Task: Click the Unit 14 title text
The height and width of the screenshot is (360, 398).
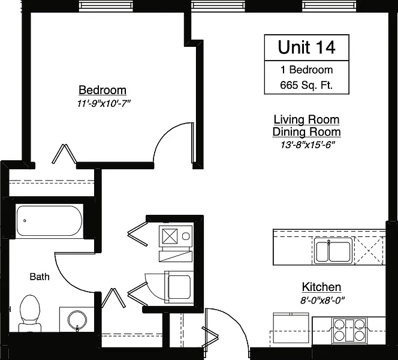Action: pyautogui.click(x=307, y=47)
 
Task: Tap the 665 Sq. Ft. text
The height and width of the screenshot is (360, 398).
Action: pyautogui.click(x=306, y=85)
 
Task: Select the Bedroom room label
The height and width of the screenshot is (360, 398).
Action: pyautogui.click(x=102, y=90)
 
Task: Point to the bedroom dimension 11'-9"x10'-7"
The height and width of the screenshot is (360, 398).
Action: pyautogui.click(x=104, y=103)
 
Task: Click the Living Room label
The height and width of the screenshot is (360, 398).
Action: pyautogui.click(x=306, y=119)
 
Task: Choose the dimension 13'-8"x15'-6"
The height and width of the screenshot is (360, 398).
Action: pyautogui.click(x=307, y=145)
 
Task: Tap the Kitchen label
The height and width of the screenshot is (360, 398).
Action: pyautogui.click(x=321, y=287)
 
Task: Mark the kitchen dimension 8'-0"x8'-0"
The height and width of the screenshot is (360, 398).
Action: pyautogui.click(x=322, y=300)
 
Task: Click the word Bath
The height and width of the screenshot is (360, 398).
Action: pyautogui.click(x=40, y=277)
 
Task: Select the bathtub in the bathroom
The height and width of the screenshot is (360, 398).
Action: pyautogui.click(x=50, y=221)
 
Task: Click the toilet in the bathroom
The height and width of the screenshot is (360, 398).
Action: pyautogui.click(x=30, y=314)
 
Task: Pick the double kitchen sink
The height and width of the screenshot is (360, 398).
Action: pyautogui.click(x=333, y=251)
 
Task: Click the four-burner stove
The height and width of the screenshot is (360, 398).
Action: pyautogui.click(x=349, y=330)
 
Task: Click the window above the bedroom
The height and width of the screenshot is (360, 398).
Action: pyautogui.click(x=106, y=6)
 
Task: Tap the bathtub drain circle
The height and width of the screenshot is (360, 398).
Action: pyautogui.click(x=25, y=221)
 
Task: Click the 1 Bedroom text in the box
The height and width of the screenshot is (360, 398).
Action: pyautogui.click(x=306, y=70)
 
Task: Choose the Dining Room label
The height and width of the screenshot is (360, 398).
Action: pyautogui.click(x=307, y=132)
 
